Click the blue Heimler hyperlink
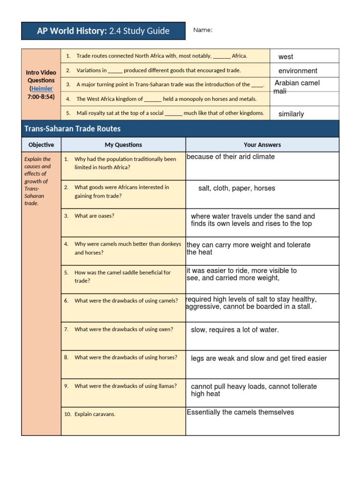point(42,89)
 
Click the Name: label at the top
point(202,30)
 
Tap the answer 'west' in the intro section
point(285,57)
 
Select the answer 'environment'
point(298,71)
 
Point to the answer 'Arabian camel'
point(297,83)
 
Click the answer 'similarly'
point(291,114)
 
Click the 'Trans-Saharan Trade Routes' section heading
point(72,128)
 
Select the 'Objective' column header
point(41,145)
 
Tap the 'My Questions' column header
point(123,145)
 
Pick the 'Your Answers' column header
point(262,145)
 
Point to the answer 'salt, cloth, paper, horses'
point(237,188)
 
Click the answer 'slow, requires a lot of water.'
point(235,330)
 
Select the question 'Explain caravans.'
point(95,414)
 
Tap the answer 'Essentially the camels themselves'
point(240,412)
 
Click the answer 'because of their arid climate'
point(231,157)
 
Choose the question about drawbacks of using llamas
point(126,386)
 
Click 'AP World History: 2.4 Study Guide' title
point(104,31)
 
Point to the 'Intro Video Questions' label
point(41,76)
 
